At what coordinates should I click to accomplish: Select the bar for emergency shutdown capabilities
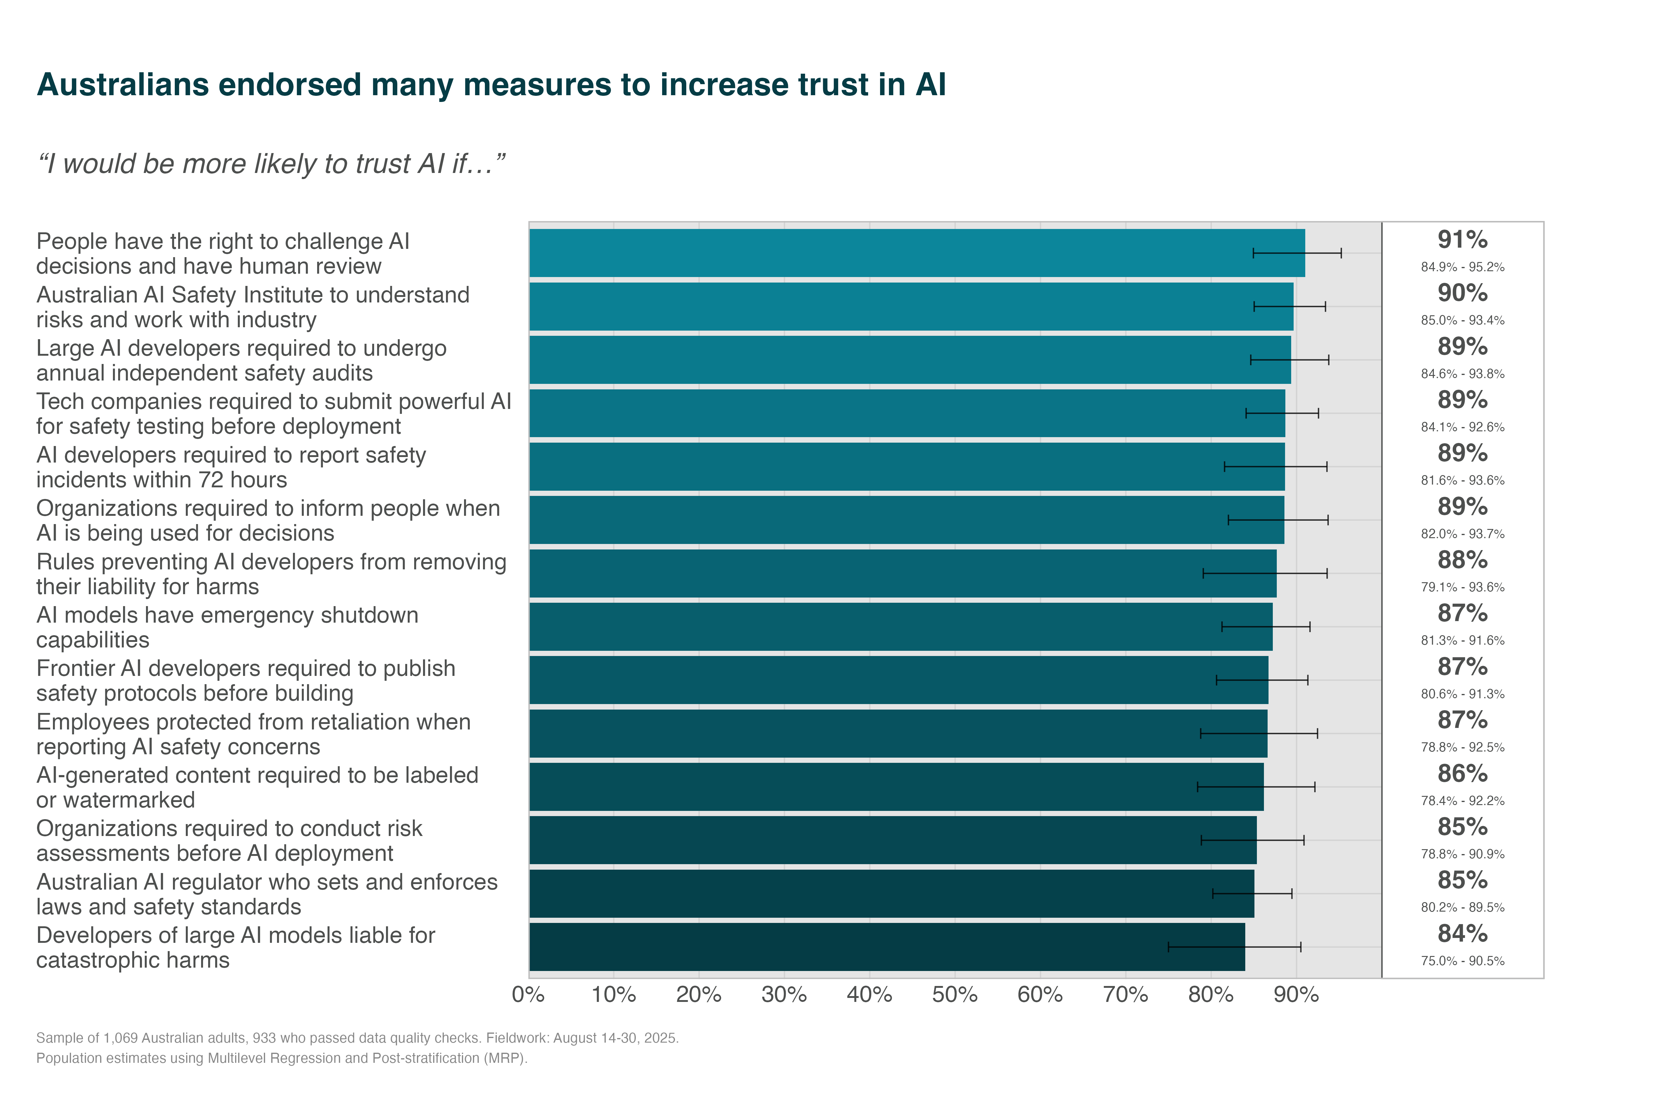coord(900,627)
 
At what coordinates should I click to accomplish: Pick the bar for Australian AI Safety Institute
coord(910,306)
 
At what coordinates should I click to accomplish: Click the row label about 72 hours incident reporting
coord(231,467)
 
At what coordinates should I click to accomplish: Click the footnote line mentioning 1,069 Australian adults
coord(357,1038)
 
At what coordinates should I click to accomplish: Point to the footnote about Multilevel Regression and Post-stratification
coord(281,1059)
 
